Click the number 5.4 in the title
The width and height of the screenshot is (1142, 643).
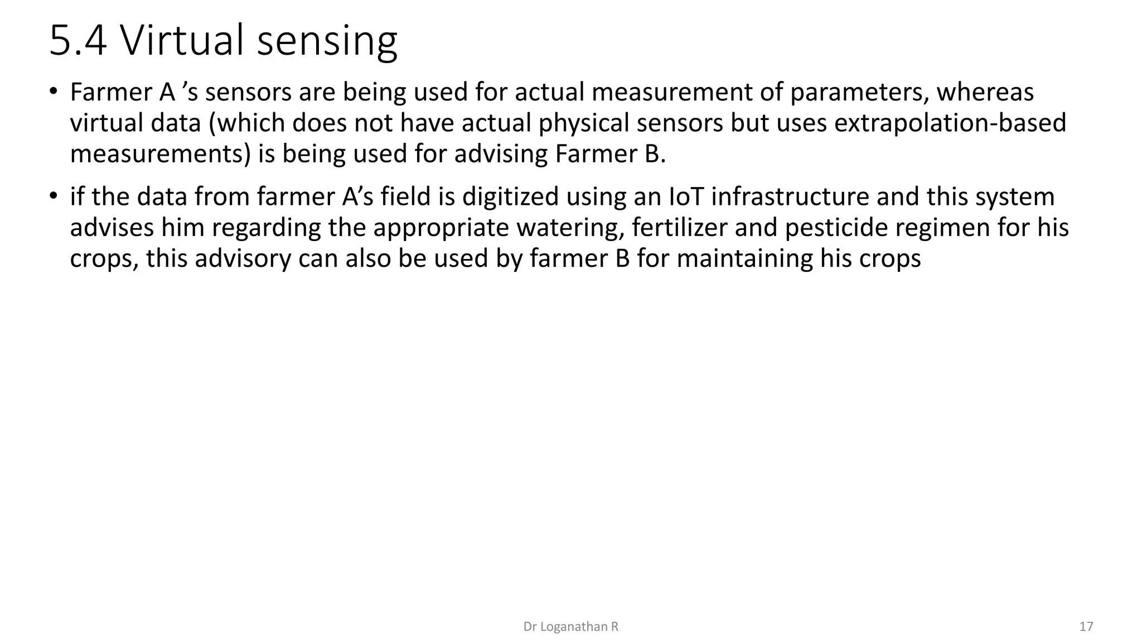(x=78, y=41)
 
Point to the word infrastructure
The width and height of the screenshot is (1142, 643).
(x=790, y=197)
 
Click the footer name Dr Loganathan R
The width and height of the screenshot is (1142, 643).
(x=570, y=627)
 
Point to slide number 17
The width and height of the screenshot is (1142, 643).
(x=1086, y=627)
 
